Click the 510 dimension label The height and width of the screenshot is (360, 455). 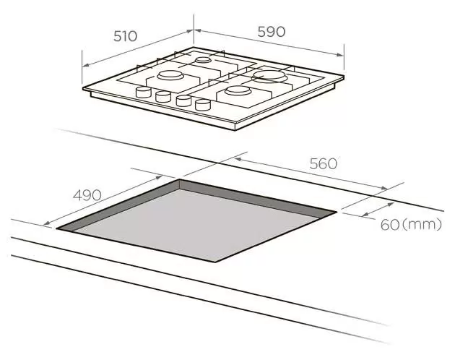(125, 36)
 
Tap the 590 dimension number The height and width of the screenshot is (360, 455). (272, 32)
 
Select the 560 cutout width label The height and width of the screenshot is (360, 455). (324, 163)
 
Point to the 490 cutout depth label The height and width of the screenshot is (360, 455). (87, 195)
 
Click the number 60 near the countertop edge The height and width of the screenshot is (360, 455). (390, 225)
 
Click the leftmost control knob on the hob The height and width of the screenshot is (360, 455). (143, 92)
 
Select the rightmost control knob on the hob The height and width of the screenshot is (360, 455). (203, 105)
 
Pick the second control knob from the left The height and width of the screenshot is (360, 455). (163, 96)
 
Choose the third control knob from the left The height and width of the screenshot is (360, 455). (183, 100)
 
